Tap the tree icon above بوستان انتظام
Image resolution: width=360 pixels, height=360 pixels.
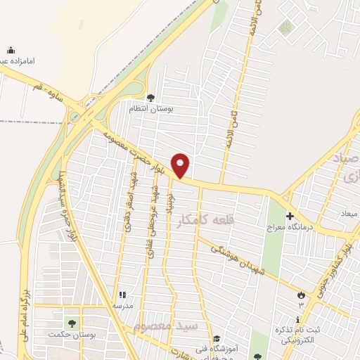(150, 98)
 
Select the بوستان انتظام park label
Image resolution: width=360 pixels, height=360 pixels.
(149, 109)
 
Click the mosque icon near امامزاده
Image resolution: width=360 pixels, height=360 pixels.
(11, 50)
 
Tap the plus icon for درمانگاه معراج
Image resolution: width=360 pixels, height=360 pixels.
(290, 214)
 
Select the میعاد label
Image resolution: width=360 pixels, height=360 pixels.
(349, 213)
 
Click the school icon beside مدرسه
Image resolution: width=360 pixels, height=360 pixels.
(122, 296)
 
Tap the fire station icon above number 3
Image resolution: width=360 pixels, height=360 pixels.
(301, 295)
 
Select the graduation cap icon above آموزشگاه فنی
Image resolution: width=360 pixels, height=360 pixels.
(217, 338)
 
